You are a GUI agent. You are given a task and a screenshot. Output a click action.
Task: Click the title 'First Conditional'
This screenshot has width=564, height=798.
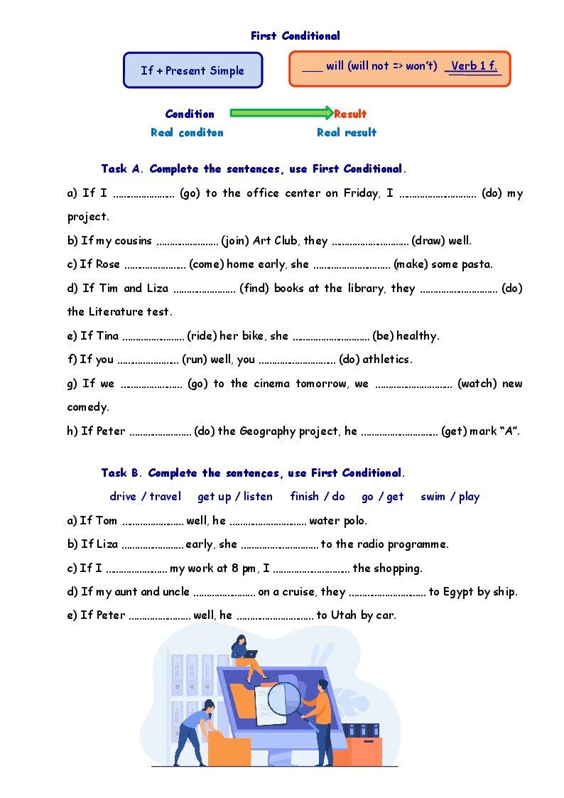(295, 36)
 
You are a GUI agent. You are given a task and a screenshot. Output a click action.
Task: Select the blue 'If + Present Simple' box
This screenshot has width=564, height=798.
(192, 70)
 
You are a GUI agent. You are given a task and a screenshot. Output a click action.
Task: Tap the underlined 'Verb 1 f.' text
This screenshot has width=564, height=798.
(474, 66)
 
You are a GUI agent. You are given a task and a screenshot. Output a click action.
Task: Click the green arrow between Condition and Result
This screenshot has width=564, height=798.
(281, 113)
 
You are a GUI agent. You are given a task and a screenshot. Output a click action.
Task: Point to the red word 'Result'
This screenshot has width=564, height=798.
(350, 114)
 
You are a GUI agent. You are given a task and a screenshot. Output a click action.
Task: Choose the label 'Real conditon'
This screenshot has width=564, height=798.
(187, 132)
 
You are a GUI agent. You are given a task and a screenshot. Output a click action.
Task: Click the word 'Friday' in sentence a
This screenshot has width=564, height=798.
(361, 193)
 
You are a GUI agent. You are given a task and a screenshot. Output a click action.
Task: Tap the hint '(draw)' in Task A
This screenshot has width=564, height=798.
(428, 240)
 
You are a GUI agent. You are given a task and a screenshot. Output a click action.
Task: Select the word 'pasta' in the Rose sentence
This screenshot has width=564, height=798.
(476, 264)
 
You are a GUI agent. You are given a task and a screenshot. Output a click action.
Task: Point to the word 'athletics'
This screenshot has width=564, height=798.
(389, 360)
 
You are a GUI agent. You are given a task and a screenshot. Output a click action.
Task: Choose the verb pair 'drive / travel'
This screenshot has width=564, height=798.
(146, 497)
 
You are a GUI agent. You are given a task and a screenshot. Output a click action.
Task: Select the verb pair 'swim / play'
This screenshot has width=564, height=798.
(450, 497)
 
